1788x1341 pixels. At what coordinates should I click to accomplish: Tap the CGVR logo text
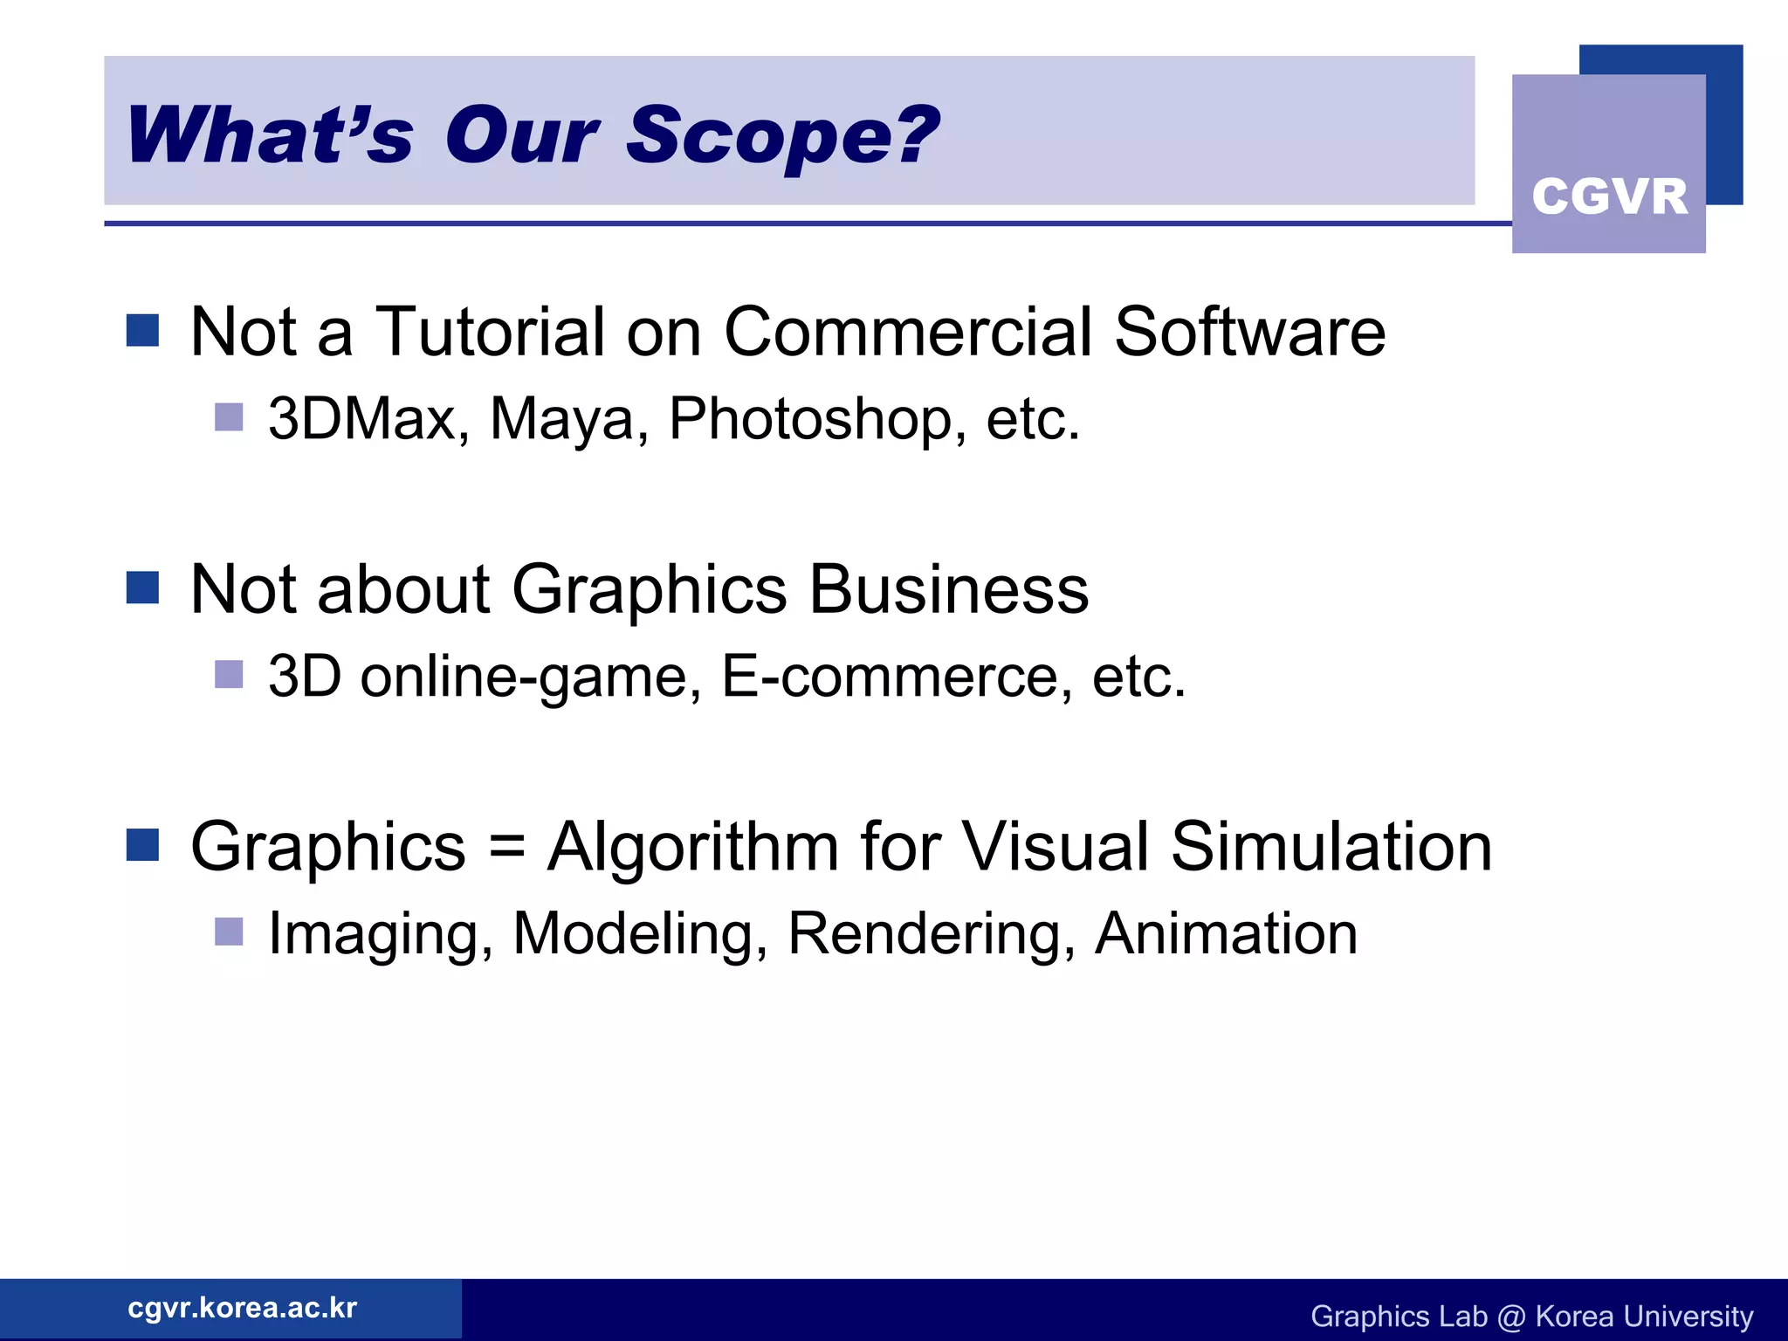pos(1609,196)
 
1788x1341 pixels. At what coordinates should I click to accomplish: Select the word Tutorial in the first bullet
pos(490,332)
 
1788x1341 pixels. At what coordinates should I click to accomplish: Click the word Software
pos(1249,332)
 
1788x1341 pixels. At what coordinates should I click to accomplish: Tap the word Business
pos(948,589)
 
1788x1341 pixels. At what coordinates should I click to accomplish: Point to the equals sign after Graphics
pos(506,847)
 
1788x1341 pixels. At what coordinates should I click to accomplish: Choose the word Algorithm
pos(692,847)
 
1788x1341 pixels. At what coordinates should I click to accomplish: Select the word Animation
pos(1226,933)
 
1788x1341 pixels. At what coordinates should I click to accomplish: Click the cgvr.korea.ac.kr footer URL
pos(242,1308)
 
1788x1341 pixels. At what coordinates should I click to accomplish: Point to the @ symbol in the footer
pos(1510,1317)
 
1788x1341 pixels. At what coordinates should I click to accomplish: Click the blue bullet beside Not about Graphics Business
pos(142,588)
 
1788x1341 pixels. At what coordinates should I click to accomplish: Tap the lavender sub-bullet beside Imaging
pos(229,932)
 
